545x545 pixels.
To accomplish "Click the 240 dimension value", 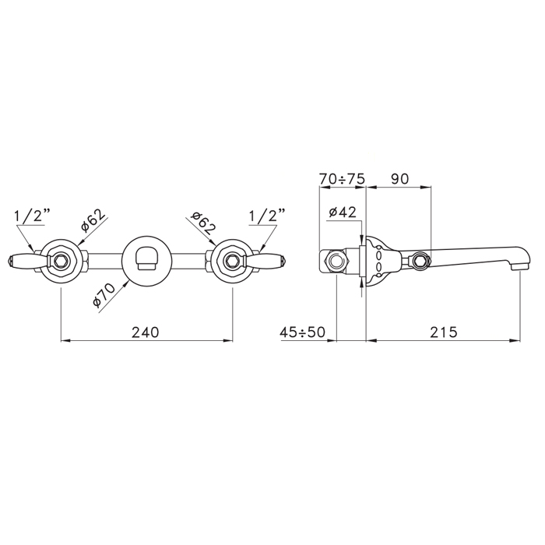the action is pyautogui.click(x=146, y=332).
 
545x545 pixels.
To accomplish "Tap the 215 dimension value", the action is pyautogui.click(x=444, y=332).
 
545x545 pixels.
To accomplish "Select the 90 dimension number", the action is pyautogui.click(x=399, y=179).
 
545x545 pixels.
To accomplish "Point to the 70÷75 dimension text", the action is pyautogui.click(x=342, y=179).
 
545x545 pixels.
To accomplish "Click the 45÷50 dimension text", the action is pyautogui.click(x=302, y=332).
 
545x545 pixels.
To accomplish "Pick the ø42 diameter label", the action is pyautogui.click(x=343, y=212).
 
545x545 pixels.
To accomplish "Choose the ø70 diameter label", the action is pyautogui.click(x=104, y=295).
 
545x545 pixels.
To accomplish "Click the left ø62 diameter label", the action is pyautogui.click(x=93, y=221).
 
